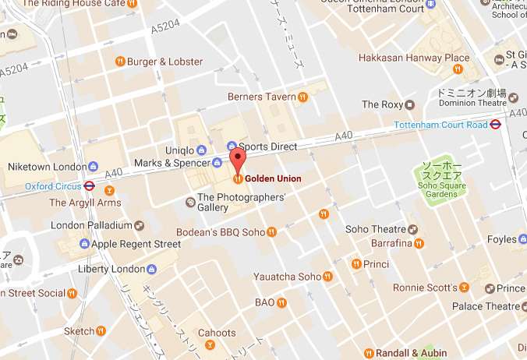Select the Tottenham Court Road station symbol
(494, 125)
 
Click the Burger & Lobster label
(164, 62)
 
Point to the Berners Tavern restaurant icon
(302, 97)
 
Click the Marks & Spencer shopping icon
(217, 163)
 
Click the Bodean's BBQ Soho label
(221, 231)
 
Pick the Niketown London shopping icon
(93, 167)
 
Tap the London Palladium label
(91, 225)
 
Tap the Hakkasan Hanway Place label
(414, 58)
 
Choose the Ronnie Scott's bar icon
(464, 287)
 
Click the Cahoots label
(217, 333)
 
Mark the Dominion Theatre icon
(514, 100)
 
